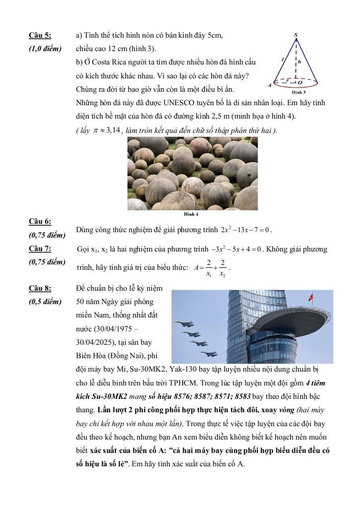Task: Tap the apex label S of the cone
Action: (x=296, y=34)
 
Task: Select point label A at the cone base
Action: (x=270, y=85)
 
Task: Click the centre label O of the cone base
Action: (x=300, y=83)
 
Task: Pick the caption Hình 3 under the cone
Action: (x=298, y=92)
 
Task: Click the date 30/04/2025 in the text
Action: (x=99, y=342)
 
